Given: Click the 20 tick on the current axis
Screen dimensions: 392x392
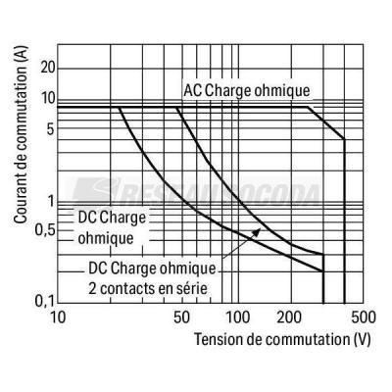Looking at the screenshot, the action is [x=48, y=68].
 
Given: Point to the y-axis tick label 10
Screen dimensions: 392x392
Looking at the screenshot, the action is [x=48, y=99].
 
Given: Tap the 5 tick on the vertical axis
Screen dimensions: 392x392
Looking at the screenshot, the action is [x=50, y=129].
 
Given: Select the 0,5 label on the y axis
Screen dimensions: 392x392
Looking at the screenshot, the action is [x=45, y=231].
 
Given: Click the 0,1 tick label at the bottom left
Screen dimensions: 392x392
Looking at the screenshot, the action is [x=45, y=301].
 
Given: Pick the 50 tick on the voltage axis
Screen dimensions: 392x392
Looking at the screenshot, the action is [x=182, y=317].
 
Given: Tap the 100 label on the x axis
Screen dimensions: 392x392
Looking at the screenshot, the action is [x=238, y=317].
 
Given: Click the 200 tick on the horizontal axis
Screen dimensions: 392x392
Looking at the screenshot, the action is [x=289, y=317].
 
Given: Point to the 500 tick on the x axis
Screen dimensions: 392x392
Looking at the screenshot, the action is [x=364, y=317].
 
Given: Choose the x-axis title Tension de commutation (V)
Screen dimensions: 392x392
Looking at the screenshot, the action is [x=283, y=339].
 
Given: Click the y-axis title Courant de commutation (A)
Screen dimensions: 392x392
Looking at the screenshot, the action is [x=21, y=134].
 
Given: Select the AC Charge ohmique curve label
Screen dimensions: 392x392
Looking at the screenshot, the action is [x=247, y=90].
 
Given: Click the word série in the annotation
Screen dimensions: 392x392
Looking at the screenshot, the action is [x=191, y=288].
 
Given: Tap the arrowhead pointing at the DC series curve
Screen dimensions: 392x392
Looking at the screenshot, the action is [x=257, y=232].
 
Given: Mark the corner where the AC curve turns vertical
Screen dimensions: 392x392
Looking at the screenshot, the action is [x=344, y=139].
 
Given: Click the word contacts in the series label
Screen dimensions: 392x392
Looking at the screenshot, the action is [x=128, y=289].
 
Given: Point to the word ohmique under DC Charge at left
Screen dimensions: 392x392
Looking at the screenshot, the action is [x=106, y=238].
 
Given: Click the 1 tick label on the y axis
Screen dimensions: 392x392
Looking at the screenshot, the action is [x=51, y=202].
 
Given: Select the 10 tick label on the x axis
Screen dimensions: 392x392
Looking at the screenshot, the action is [x=58, y=317].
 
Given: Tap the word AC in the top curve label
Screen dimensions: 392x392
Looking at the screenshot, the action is [x=192, y=90].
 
